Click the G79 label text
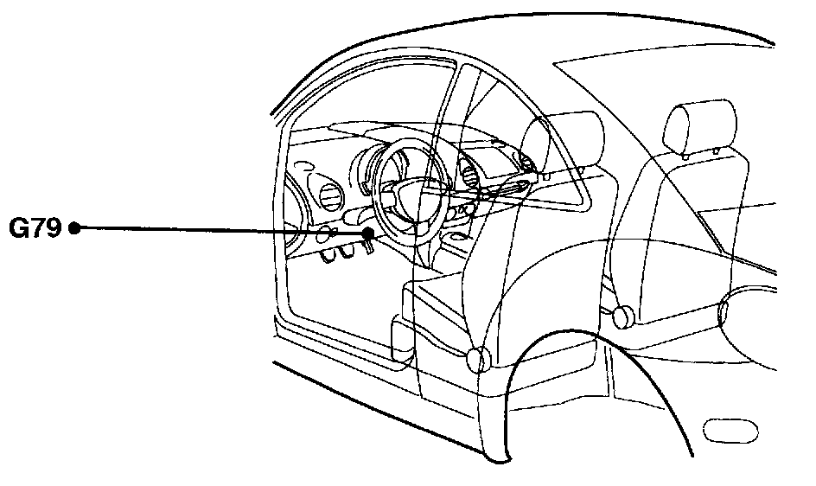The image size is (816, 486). point(35,228)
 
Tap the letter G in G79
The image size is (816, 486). point(19,228)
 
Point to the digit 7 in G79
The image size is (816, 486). point(36,228)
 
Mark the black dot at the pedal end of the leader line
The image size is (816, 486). point(369,233)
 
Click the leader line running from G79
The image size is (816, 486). point(216,230)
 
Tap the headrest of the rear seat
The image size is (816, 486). point(699,125)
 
